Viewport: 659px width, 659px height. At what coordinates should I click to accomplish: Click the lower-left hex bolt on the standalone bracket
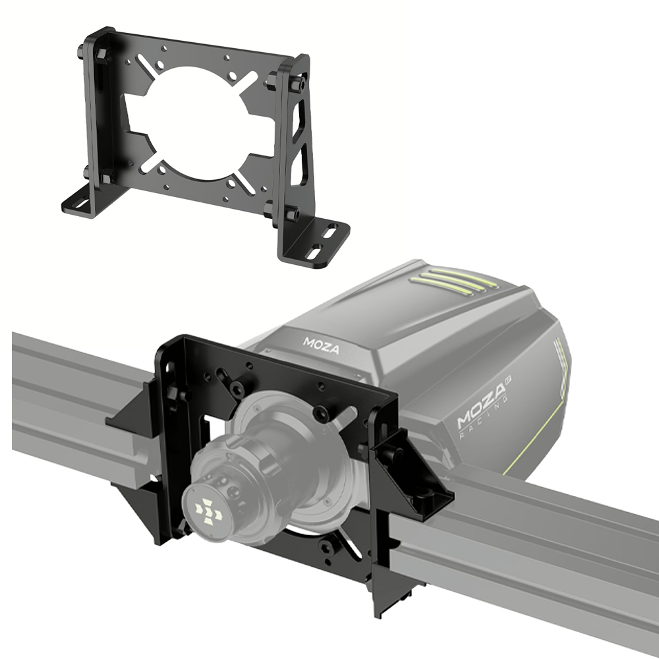click(x=105, y=176)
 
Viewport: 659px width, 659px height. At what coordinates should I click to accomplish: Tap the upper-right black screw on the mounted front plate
click(x=321, y=414)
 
